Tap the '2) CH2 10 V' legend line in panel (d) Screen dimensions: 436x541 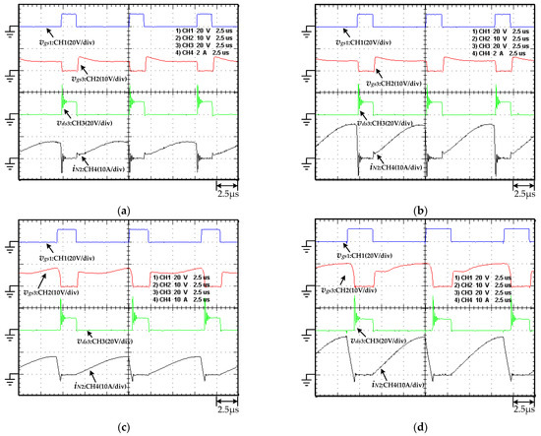(x=481, y=285)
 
